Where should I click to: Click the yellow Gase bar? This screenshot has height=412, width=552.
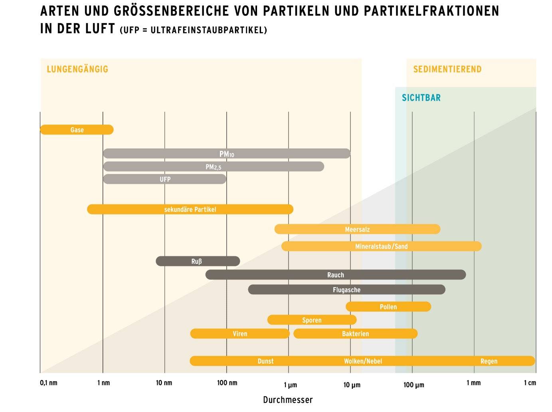pos(77,130)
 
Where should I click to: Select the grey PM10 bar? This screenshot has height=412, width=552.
pos(226,154)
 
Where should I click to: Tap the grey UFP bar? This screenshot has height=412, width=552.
pos(164,179)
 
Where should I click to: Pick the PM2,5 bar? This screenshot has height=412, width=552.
pos(213,166)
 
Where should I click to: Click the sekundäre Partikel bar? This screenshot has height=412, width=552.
pos(190,209)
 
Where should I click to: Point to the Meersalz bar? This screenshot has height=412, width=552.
pos(357,229)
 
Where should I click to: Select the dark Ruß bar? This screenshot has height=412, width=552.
pos(198,261)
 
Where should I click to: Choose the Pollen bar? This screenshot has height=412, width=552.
pos(388,307)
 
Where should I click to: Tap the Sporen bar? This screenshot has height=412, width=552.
pos(312,320)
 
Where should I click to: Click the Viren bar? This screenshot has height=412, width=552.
pos(240,334)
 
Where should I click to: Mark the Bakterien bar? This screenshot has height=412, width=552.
pos(355,334)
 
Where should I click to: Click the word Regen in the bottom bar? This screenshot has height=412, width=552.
pos(489,361)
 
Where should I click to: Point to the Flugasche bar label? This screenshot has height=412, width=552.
pos(346,290)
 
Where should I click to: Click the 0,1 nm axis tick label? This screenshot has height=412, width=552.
pos(49,383)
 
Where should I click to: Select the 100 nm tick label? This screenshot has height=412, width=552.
pos(227,383)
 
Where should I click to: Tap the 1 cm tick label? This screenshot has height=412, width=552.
pos(530,383)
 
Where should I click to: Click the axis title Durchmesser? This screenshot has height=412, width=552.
pos(288,400)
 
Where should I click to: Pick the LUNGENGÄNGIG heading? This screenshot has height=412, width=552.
pos(77,69)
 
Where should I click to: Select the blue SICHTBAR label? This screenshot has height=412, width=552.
pos(421,98)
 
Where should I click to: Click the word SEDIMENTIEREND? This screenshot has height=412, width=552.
pos(447,69)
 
